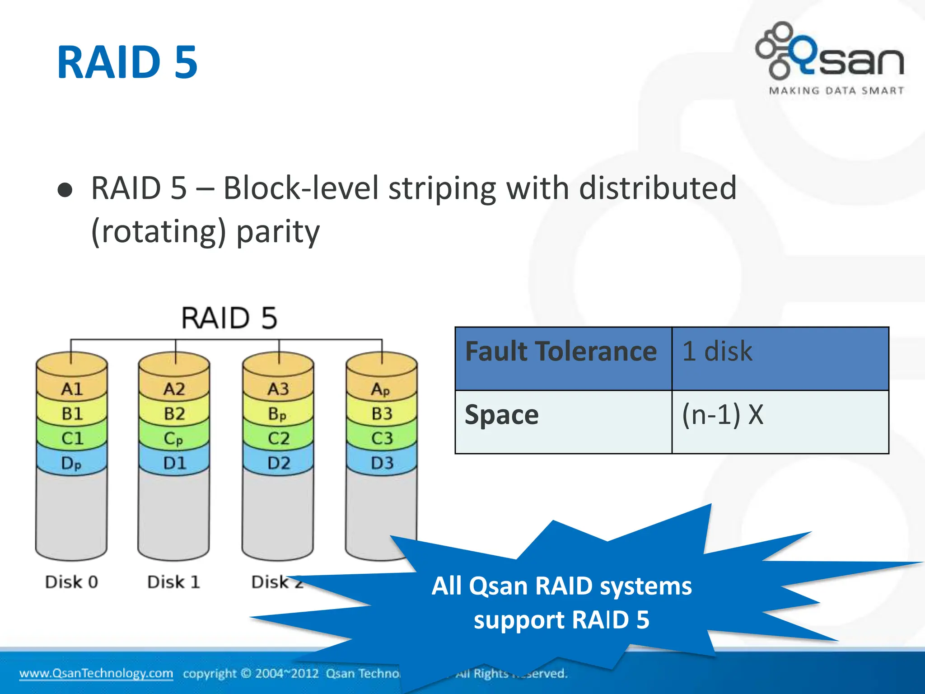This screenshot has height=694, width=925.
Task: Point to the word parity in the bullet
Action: pyautogui.click(x=278, y=231)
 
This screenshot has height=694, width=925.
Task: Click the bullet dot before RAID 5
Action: pyautogui.click(x=65, y=190)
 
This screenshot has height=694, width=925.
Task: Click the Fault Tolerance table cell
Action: pyautogui.click(x=562, y=358)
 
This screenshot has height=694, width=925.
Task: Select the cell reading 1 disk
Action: pyautogui.click(x=779, y=358)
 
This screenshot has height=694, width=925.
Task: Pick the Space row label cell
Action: pyautogui.click(x=562, y=421)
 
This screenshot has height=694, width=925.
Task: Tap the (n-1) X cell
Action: pyautogui.click(x=779, y=421)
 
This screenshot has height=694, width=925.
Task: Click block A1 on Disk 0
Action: pyautogui.click(x=72, y=389)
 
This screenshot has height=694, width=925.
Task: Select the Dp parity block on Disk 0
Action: pyautogui.click(x=71, y=463)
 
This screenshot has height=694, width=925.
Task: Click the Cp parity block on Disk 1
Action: pyautogui.click(x=174, y=438)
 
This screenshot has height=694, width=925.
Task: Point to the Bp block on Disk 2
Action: pyautogui.click(x=277, y=413)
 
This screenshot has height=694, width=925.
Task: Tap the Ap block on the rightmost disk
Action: pyautogui.click(x=381, y=389)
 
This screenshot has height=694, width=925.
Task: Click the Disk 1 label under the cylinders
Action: pyautogui.click(x=174, y=582)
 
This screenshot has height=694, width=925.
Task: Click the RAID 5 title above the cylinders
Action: pyautogui.click(x=229, y=318)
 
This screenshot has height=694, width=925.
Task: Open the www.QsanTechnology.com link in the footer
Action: pyautogui.click(x=96, y=673)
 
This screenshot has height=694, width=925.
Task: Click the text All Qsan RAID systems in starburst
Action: pyautogui.click(x=561, y=586)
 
